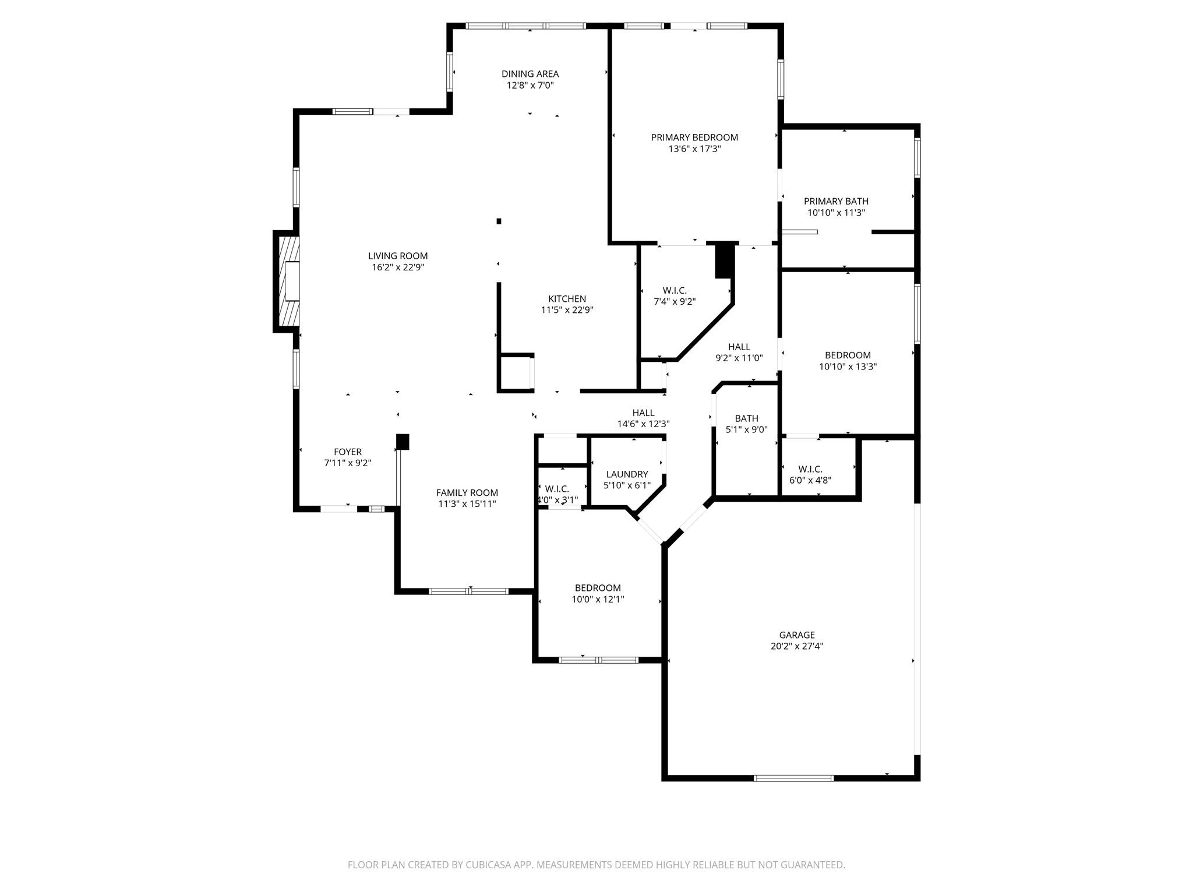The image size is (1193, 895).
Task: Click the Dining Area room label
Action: click(530, 74)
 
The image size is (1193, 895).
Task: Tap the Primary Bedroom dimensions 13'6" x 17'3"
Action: click(694, 149)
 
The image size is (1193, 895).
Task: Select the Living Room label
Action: click(398, 256)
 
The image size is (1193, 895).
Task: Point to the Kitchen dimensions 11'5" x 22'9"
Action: click(567, 311)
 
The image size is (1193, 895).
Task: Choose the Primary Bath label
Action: click(836, 202)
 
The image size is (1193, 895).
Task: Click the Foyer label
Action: click(348, 452)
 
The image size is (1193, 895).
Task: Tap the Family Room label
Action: click(467, 493)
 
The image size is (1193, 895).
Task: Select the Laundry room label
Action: click(627, 474)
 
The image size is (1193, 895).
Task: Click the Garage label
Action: click(797, 635)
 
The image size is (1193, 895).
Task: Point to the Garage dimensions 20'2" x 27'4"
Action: click(797, 646)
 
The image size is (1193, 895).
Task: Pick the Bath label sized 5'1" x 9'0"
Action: click(746, 418)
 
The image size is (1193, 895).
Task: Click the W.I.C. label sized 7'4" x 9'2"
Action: click(675, 291)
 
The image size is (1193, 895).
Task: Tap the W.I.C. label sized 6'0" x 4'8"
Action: click(810, 469)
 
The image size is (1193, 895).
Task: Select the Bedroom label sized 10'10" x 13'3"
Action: click(848, 355)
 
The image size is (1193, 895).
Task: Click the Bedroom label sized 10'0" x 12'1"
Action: click(598, 588)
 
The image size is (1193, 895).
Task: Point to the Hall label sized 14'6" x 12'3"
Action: click(643, 413)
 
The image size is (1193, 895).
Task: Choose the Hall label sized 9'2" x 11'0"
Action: click(739, 347)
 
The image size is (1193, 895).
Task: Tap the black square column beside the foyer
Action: click(403, 442)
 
